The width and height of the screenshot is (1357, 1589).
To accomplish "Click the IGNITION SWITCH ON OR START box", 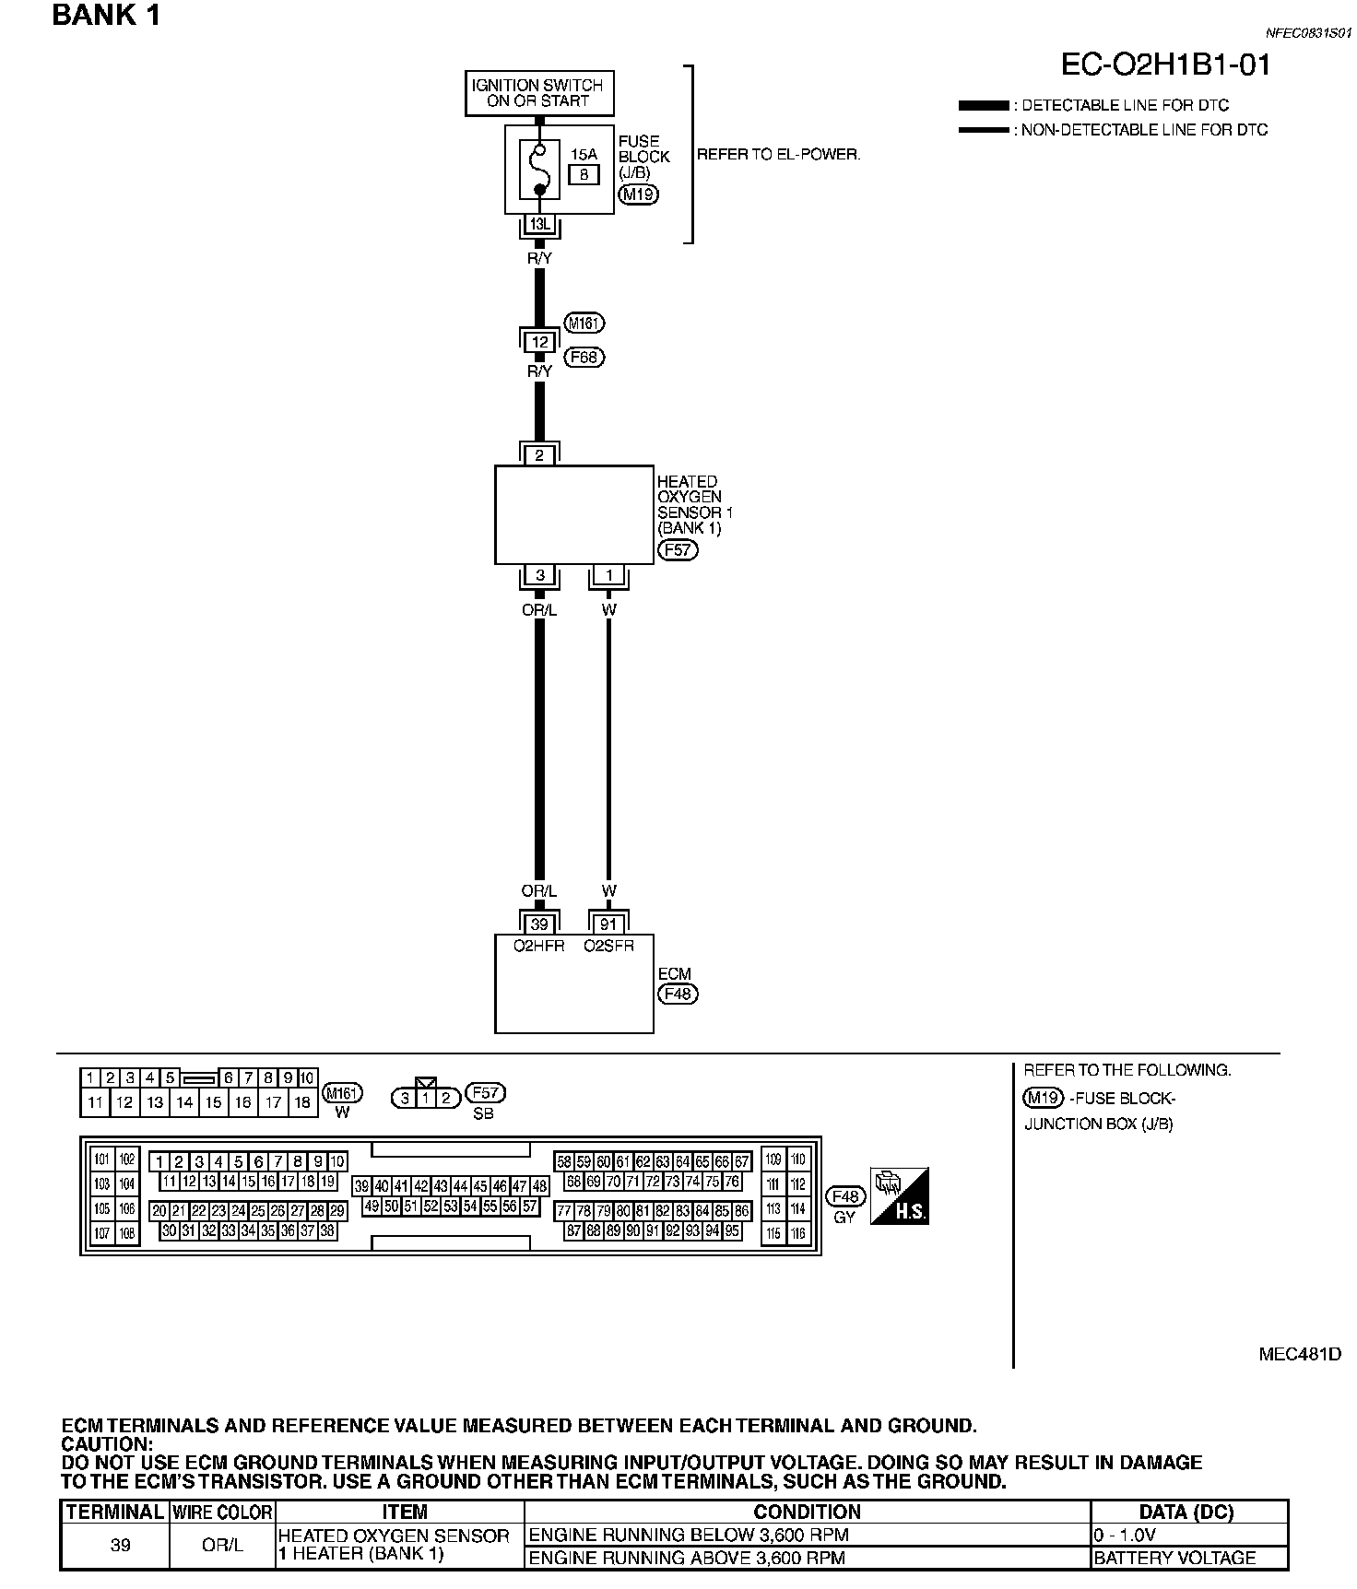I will (x=539, y=93).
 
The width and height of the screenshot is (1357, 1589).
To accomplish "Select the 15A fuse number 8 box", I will (x=584, y=172).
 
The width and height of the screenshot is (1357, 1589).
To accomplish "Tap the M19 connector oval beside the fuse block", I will (x=638, y=194).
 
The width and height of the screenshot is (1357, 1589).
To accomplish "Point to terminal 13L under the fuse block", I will (x=539, y=224).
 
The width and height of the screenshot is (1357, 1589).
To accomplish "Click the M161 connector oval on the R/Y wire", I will (x=584, y=324).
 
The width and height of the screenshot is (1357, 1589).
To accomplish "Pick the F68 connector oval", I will (x=584, y=357).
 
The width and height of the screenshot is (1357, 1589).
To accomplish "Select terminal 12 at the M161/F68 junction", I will (x=540, y=342).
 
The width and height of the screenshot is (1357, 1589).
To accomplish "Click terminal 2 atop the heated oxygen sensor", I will (x=540, y=454).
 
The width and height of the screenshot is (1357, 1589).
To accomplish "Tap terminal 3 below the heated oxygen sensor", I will (x=540, y=575).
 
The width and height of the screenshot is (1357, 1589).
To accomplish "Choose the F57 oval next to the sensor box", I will (x=678, y=550).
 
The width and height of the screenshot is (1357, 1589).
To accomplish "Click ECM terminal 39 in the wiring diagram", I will (x=540, y=924).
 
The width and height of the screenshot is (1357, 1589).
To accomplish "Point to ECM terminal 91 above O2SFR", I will (x=608, y=924).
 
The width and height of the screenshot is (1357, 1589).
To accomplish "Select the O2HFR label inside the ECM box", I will (x=540, y=946).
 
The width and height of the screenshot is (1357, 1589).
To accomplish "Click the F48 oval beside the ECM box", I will (x=678, y=995).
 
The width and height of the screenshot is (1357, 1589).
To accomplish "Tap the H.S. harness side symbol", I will (x=900, y=1195).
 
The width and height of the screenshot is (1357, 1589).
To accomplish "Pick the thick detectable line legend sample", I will (x=984, y=105).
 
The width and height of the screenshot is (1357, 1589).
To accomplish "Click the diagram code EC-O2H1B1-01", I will (x=1165, y=65).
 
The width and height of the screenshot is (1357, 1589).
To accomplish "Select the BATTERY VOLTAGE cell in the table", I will (x=1174, y=1558).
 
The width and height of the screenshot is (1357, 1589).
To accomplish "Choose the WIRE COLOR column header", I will (x=222, y=1512).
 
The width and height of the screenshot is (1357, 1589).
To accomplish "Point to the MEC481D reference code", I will (x=1300, y=1354).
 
